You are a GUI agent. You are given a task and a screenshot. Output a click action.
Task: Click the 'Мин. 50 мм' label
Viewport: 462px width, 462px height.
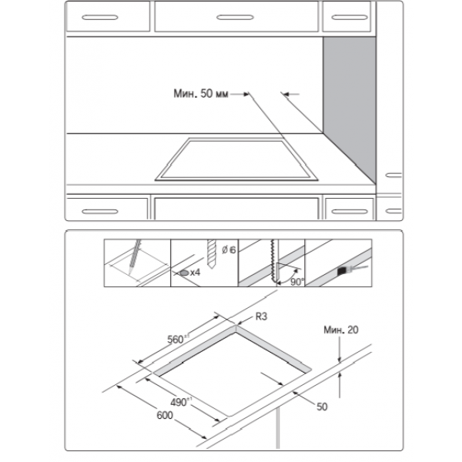(201, 94)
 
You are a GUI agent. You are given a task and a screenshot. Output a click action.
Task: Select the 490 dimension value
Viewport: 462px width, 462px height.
(179, 402)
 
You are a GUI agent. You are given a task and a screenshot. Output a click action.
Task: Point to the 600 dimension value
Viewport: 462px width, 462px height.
(165, 415)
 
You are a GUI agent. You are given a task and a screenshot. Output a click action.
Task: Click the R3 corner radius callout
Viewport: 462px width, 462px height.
(261, 316)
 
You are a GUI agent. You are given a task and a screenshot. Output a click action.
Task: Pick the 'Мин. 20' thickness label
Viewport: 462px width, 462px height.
(341, 330)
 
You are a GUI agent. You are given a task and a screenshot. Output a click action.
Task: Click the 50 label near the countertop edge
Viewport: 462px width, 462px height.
(322, 407)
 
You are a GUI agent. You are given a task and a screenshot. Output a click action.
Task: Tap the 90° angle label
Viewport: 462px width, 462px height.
(296, 282)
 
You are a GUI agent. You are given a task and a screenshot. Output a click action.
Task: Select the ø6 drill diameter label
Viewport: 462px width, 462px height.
(229, 250)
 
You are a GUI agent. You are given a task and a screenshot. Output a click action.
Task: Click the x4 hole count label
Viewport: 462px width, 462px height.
(195, 273)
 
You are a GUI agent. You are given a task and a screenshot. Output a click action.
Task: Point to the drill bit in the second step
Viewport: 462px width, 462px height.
(212, 253)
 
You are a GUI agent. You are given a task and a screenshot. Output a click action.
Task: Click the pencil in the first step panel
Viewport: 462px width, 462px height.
(134, 257)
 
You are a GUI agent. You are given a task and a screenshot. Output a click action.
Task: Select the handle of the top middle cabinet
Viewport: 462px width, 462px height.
(235, 18)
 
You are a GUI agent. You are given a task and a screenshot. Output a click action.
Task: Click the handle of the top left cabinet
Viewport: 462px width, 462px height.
(100, 18)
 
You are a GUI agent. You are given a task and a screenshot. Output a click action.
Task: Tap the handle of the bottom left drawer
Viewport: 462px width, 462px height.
(100, 212)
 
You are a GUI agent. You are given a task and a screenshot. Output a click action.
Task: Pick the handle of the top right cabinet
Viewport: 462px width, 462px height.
(350, 18)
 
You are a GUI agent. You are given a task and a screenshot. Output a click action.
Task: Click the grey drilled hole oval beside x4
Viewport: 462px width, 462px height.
(184, 273)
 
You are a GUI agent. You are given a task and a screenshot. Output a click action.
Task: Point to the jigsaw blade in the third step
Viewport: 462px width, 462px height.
(273, 261)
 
